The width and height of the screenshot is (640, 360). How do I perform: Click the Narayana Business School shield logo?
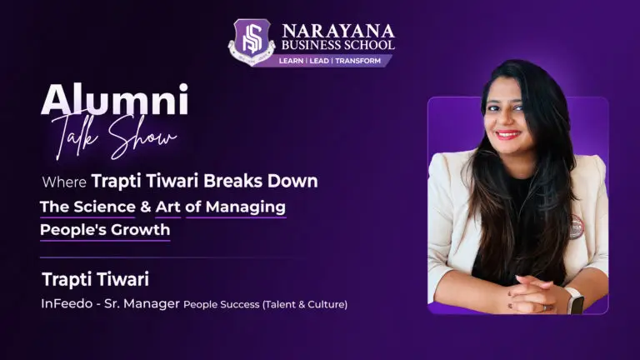(252, 42)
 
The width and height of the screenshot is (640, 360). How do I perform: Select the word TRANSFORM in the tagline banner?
(364, 61)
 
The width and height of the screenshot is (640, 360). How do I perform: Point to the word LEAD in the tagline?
(328, 61)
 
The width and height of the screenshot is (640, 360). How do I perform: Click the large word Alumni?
(114, 102)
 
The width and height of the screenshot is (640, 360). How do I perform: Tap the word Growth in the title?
(142, 229)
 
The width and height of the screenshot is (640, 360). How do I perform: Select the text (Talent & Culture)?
(305, 304)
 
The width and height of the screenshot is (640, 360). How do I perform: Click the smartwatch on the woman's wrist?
(575, 299)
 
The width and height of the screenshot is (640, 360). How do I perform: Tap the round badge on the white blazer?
(576, 224)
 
